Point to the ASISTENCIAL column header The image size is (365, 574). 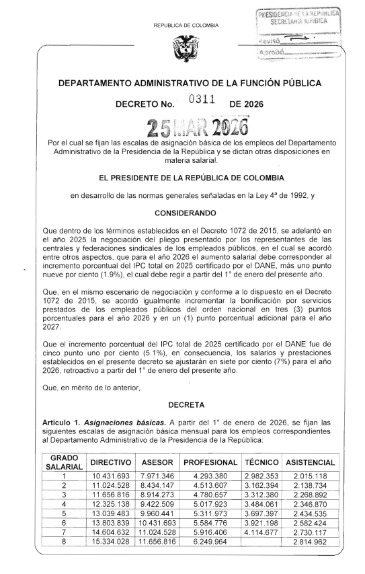[310, 464]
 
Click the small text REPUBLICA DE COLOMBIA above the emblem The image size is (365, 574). [181, 25]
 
